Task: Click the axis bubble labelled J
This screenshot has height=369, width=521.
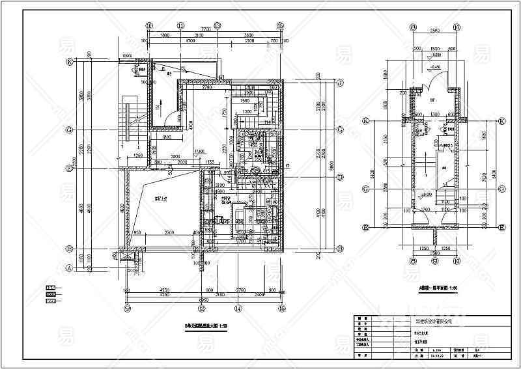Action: [x=340, y=83]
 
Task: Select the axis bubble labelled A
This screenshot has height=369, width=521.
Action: [x=68, y=267]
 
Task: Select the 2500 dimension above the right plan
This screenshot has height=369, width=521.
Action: [x=434, y=31]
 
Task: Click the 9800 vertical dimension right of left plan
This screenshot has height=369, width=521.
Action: [x=332, y=166]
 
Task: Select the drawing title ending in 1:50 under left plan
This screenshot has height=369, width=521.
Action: [x=205, y=326]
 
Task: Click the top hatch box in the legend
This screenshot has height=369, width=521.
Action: [x=49, y=286]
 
